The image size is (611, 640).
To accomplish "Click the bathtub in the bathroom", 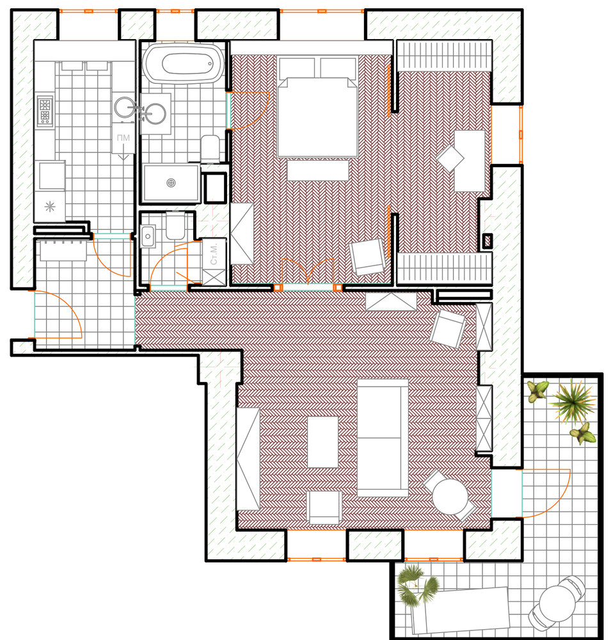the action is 183,63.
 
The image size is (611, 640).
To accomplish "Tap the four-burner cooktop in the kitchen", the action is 45,110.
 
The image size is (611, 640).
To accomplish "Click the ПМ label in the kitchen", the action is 123,138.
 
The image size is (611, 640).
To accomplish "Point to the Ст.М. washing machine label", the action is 214,254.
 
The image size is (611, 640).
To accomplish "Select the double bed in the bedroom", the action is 317,107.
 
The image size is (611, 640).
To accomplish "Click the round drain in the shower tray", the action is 171,183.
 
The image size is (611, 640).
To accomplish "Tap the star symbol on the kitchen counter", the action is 50,207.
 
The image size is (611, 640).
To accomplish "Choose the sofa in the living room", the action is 383,438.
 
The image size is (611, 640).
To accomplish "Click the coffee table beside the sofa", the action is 322,442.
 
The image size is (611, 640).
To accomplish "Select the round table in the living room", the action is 450,497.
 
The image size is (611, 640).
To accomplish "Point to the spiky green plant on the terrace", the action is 573,402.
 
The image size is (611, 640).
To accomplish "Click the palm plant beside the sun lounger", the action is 417,584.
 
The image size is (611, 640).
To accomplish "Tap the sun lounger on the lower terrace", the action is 461,609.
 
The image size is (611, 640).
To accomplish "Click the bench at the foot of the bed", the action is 318,170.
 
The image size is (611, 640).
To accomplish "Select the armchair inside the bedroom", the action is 367,257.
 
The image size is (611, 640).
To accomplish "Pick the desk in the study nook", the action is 470,161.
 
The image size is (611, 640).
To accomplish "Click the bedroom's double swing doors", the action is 308,271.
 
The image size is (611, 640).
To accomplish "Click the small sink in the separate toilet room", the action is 148,236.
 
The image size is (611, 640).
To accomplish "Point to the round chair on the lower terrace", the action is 557,602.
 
